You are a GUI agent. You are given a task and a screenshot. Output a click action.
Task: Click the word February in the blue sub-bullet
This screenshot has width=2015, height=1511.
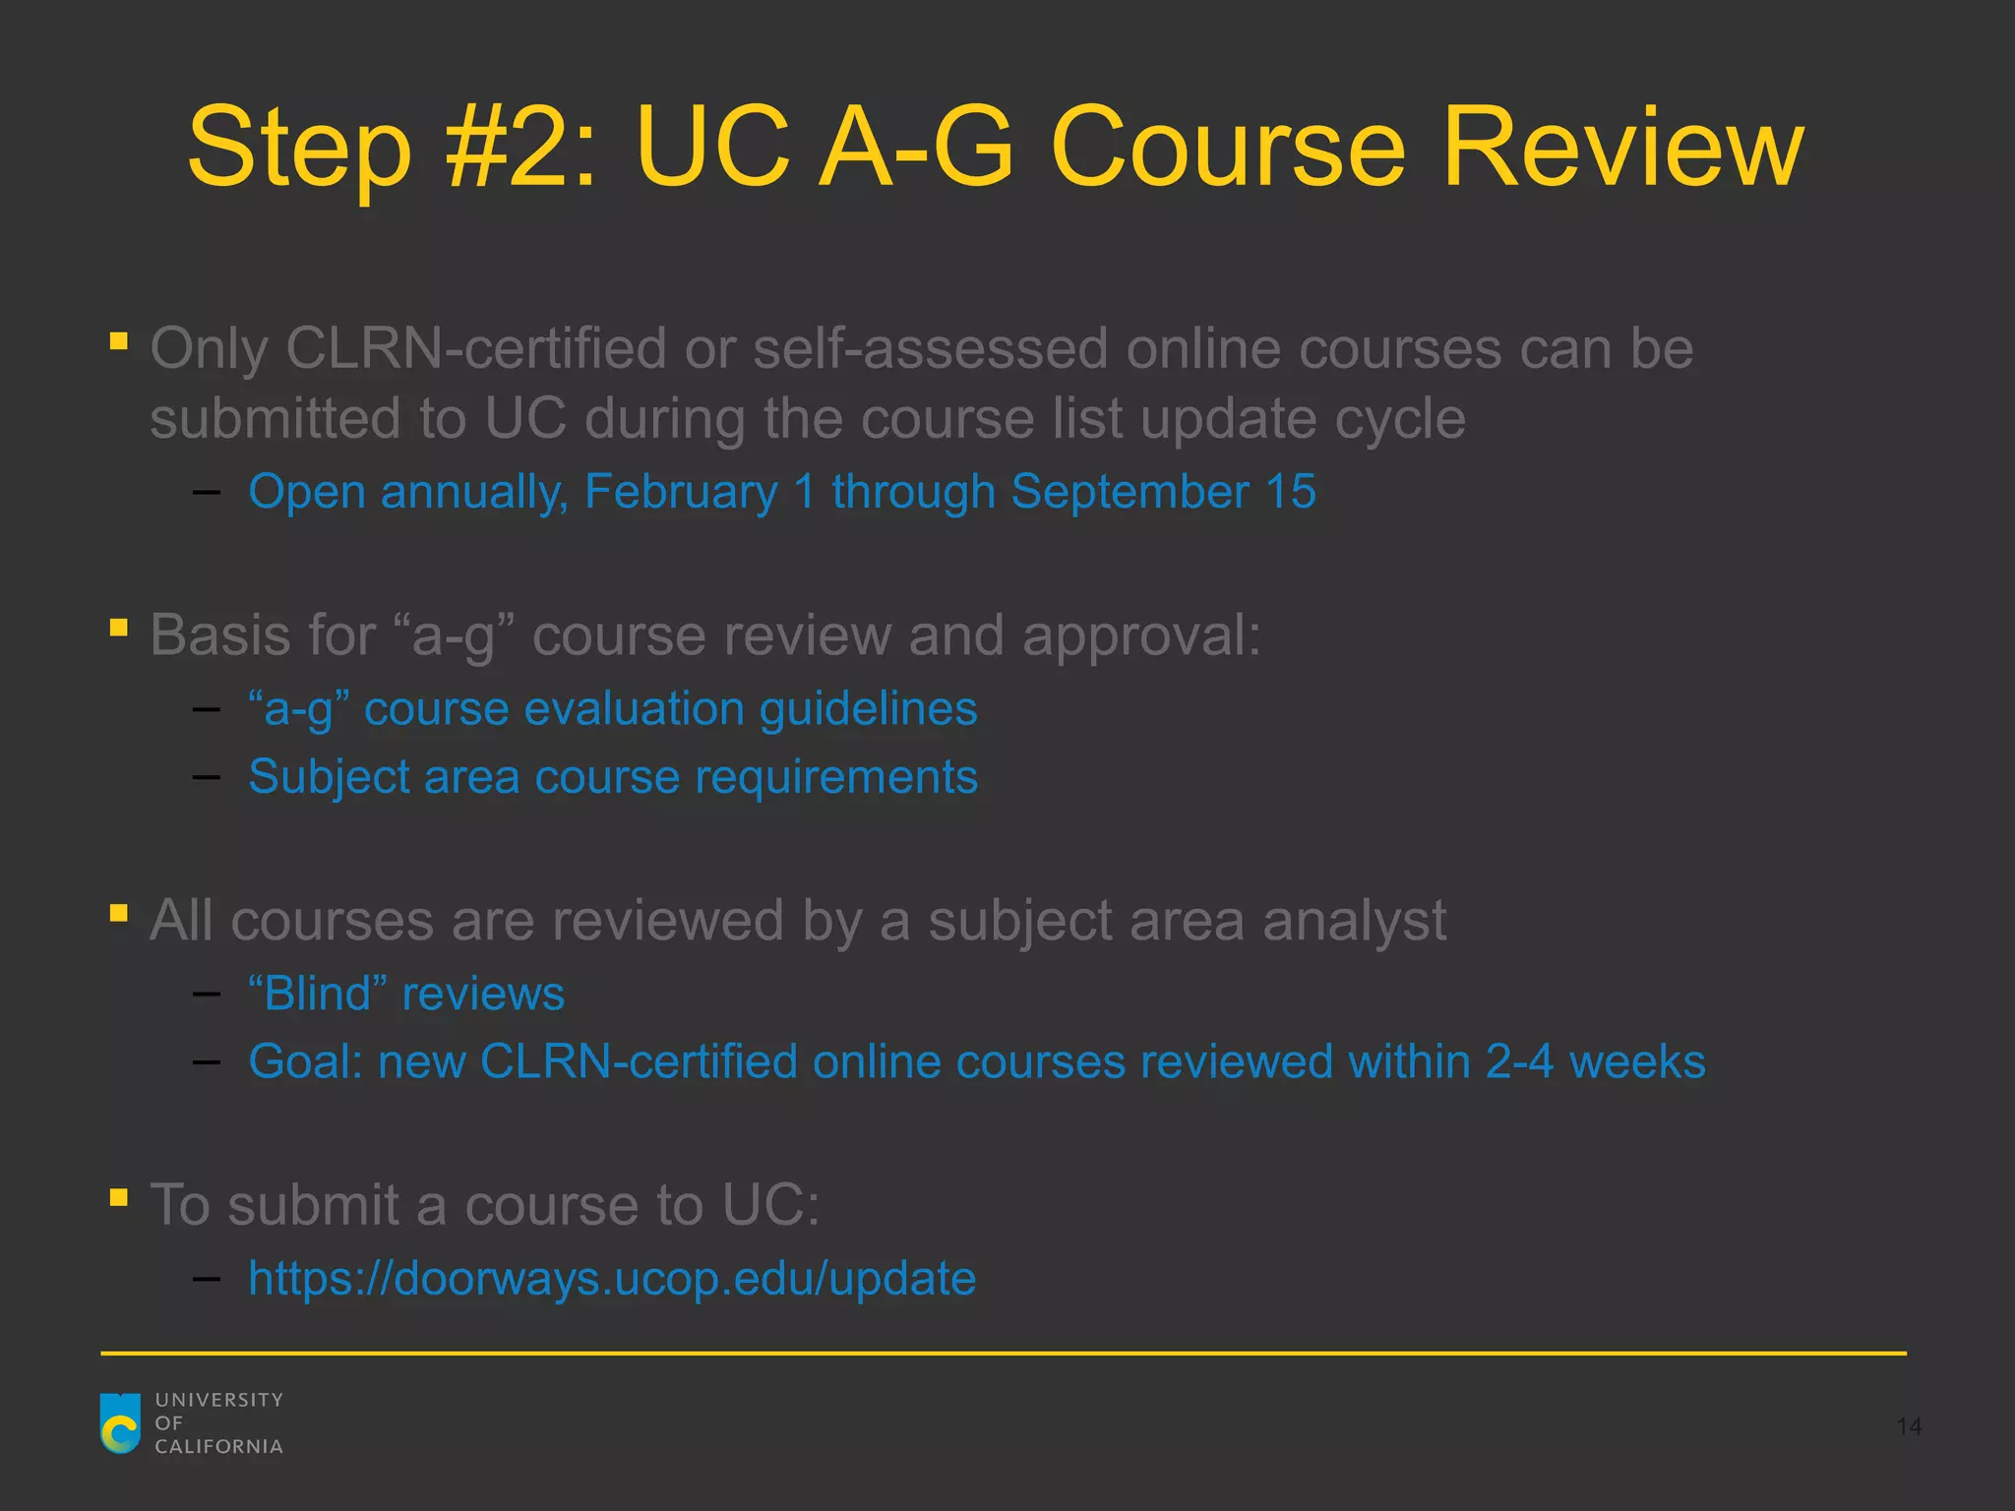point(681,491)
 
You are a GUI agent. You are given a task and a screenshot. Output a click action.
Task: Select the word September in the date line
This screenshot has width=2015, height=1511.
point(1130,491)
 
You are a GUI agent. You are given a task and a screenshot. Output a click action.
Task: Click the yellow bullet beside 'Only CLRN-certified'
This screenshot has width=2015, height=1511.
point(119,341)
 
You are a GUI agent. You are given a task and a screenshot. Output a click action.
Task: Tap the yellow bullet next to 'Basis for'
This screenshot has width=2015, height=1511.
point(119,627)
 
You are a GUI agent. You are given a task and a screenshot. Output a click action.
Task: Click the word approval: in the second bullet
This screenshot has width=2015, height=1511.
point(1141,635)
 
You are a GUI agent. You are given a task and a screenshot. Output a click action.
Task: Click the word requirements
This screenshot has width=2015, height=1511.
point(836,777)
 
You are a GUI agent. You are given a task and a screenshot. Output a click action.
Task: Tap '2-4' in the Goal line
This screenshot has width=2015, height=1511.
point(1519,1062)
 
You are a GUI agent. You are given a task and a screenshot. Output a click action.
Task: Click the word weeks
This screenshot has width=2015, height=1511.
point(1637,1062)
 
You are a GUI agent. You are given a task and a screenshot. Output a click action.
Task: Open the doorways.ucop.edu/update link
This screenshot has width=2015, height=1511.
point(612,1279)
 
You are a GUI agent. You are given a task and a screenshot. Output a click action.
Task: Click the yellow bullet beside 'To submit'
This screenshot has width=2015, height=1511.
point(119,1197)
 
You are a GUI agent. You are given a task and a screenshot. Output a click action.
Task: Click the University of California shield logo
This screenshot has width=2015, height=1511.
point(120,1422)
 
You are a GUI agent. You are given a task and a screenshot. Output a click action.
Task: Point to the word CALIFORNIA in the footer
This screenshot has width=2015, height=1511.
point(218,1447)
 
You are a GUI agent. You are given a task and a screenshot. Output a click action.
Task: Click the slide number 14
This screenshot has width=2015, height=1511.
point(1909,1426)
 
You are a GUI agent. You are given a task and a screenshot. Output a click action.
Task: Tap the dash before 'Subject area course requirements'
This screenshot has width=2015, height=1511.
point(207,777)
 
